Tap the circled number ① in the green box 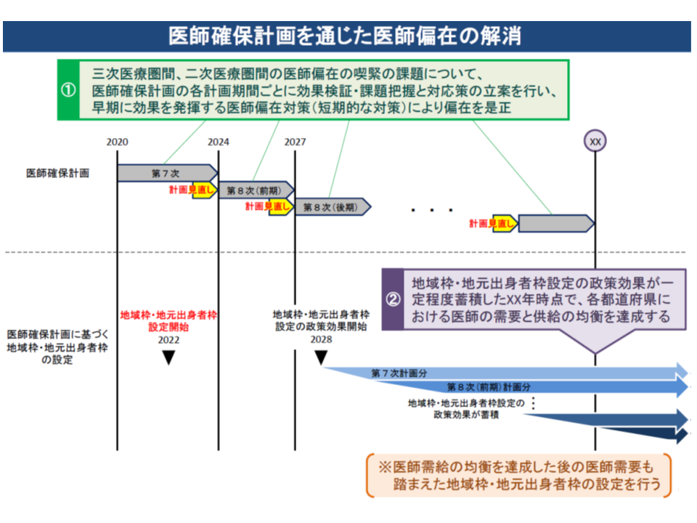pos(68,91)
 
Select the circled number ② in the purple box pos(392,299)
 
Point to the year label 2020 pos(117,142)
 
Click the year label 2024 pos(218,142)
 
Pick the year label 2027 pos(295,142)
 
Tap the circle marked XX pos(595,141)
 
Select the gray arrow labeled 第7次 pos(167,173)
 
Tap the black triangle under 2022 pos(168,357)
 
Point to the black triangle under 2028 pos(320,357)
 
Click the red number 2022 pos(168,339)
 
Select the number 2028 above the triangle pos(320,339)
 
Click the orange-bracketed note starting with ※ pos(518,475)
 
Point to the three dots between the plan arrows pos(432,211)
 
